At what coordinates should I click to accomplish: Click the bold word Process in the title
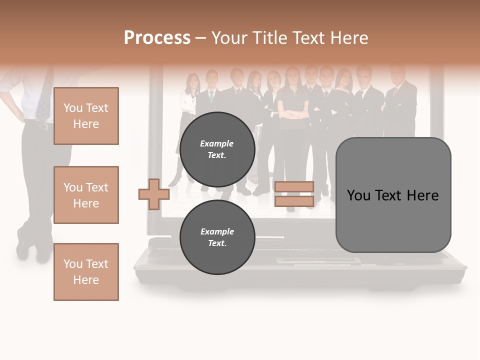pyautogui.click(x=157, y=37)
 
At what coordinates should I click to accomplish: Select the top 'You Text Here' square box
pyautogui.click(x=86, y=116)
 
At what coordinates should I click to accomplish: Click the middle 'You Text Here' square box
pyautogui.click(x=86, y=195)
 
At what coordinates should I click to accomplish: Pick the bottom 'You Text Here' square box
pyautogui.click(x=86, y=271)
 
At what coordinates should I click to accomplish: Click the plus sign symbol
pyautogui.click(x=153, y=193)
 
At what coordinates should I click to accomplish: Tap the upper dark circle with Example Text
pyautogui.click(x=217, y=149)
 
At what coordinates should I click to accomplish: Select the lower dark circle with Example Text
pyautogui.click(x=217, y=237)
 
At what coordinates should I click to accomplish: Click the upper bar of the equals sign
pyautogui.click(x=294, y=187)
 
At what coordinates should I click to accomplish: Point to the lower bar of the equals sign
pyautogui.click(x=294, y=201)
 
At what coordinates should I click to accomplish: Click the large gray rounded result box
pyautogui.click(x=393, y=195)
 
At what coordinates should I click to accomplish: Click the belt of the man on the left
pyautogui.click(x=40, y=125)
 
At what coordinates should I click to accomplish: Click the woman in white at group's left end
pyautogui.click(x=188, y=100)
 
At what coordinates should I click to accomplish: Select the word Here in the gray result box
pyautogui.click(x=422, y=195)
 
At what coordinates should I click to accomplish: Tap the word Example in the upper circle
pyautogui.click(x=217, y=143)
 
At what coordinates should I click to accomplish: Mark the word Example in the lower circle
pyautogui.click(x=217, y=231)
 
